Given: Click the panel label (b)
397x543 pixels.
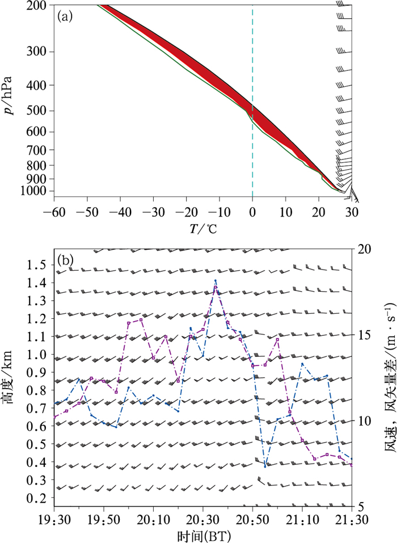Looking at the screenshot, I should (x=65, y=261).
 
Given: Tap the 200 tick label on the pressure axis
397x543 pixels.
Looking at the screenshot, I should (x=41, y=6).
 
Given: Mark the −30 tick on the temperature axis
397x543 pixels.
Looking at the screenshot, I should (x=153, y=196).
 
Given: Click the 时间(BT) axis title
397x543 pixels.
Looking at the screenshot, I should (x=203, y=534).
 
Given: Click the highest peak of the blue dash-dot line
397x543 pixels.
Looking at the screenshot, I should (x=216, y=280).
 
